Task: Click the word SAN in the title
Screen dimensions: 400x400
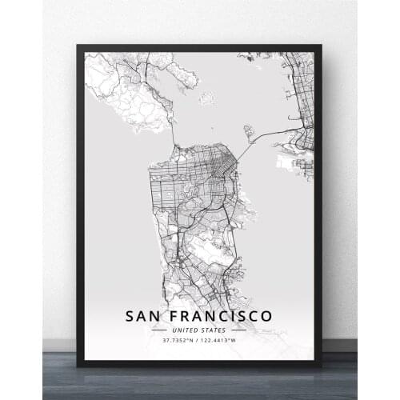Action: (x=143, y=316)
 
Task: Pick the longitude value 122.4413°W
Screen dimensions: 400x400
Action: (x=220, y=340)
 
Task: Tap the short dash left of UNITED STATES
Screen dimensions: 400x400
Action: (x=159, y=330)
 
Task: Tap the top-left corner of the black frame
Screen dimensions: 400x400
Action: (x=78, y=47)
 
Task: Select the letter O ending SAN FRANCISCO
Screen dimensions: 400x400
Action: (x=266, y=316)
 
